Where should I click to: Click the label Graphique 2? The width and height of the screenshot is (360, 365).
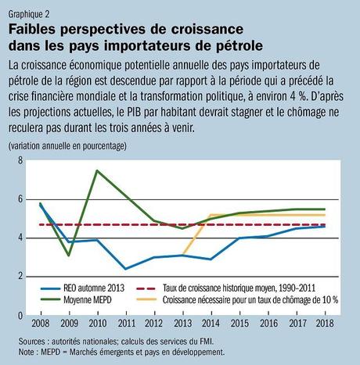29,13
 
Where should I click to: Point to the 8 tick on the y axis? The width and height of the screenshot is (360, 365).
21,161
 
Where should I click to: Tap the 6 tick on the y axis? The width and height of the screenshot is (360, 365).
21,199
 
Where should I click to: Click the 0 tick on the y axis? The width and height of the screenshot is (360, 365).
21,315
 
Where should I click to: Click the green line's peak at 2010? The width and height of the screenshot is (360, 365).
97,170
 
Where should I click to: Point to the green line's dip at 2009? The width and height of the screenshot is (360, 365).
69,256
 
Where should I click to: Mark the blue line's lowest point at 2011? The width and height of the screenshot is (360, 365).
125,269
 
